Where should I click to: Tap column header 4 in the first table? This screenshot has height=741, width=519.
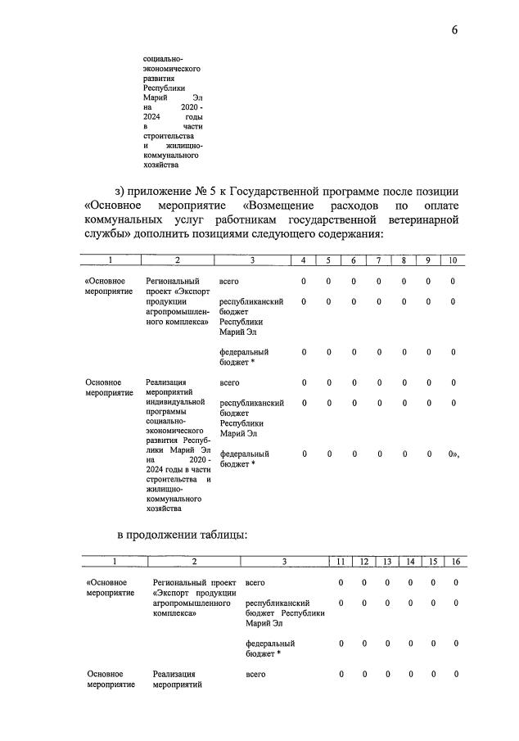point(303,260)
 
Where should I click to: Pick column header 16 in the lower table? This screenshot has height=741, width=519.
point(455,562)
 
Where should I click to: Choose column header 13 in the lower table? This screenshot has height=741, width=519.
point(387,562)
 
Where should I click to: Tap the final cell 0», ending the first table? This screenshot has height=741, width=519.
point(453,454)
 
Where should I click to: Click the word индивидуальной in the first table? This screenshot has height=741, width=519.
point(174,402)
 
